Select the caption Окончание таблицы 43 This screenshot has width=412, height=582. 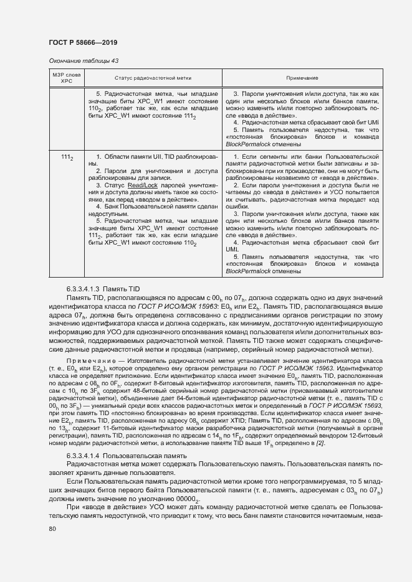point(79,61)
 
